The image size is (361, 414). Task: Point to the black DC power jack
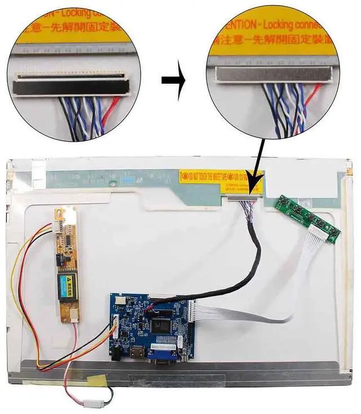(x=117, y=354)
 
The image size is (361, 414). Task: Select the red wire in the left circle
(x=115, y=105)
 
